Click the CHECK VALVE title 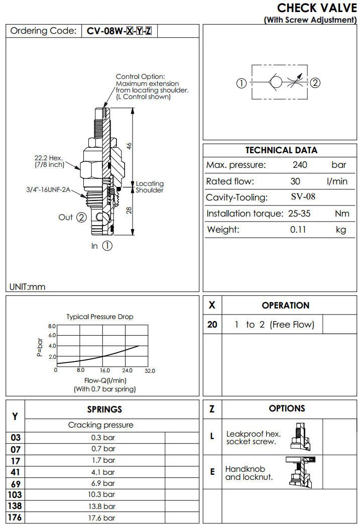coord(317,8)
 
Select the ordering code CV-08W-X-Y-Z coord(119,31)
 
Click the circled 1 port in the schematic coord(242,83)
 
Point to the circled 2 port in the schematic coord(315,83)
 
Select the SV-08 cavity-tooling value coord(303,197)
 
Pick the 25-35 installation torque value coord(299,214)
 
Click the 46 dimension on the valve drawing coord(129,145)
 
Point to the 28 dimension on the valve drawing coord(129,211)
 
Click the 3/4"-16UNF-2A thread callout coord(48,190)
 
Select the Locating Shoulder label coord(150,187)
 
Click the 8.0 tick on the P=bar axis coord(52,327)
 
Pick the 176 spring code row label coord(15,517)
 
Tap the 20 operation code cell coord(212,325)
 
